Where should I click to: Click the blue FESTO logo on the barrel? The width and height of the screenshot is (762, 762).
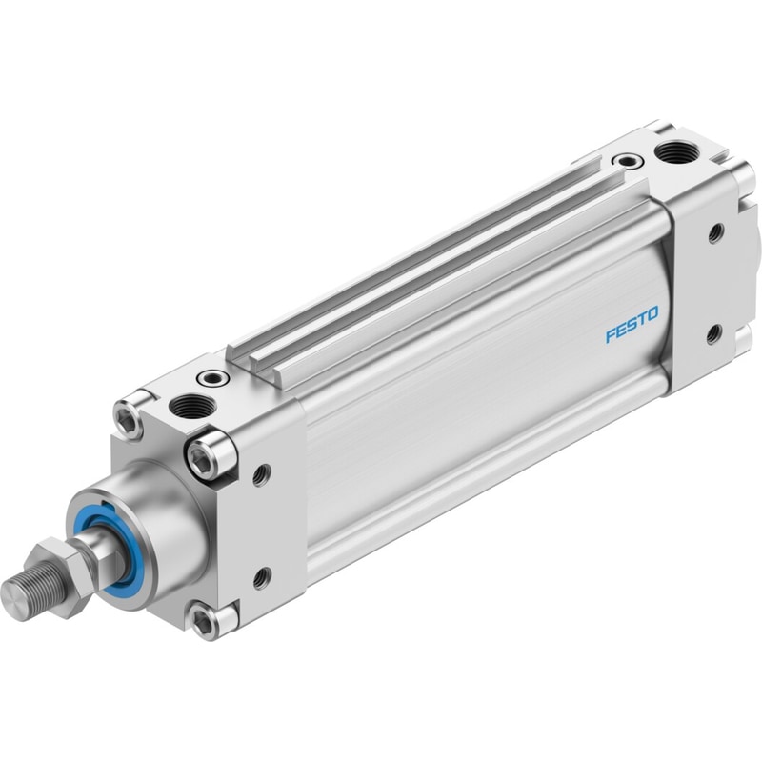click(632, 324)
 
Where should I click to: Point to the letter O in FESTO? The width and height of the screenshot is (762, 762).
click(652, 314)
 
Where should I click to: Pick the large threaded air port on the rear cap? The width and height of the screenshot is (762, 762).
click(677, 152)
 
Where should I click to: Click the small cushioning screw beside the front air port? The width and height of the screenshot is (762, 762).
click(212, 376)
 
